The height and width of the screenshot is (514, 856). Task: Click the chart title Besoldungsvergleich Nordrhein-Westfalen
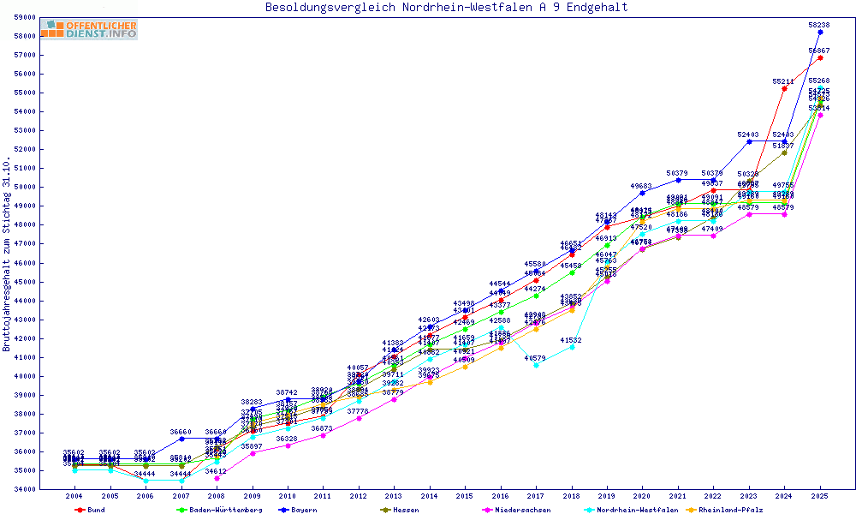(446, 8)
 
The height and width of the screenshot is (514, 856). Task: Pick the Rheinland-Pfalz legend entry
(728, 510)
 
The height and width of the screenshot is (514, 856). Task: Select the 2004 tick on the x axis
(74, 496)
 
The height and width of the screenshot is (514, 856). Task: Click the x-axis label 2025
(820, 496)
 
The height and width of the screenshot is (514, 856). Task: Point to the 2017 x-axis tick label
(536, 496)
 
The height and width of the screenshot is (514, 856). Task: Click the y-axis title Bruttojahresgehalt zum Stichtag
(7, 254)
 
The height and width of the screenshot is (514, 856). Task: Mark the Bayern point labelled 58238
(820, 32)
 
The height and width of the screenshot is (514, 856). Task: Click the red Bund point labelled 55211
(784, 88)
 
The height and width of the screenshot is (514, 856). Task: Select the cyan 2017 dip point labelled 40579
(536, 365)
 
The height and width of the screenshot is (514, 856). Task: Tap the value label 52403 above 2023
(748, 134)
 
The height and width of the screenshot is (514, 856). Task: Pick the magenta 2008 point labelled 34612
(217, 478)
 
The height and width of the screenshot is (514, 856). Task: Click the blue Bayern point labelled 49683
(642, 193)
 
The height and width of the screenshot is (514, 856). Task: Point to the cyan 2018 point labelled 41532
(572, 347)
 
